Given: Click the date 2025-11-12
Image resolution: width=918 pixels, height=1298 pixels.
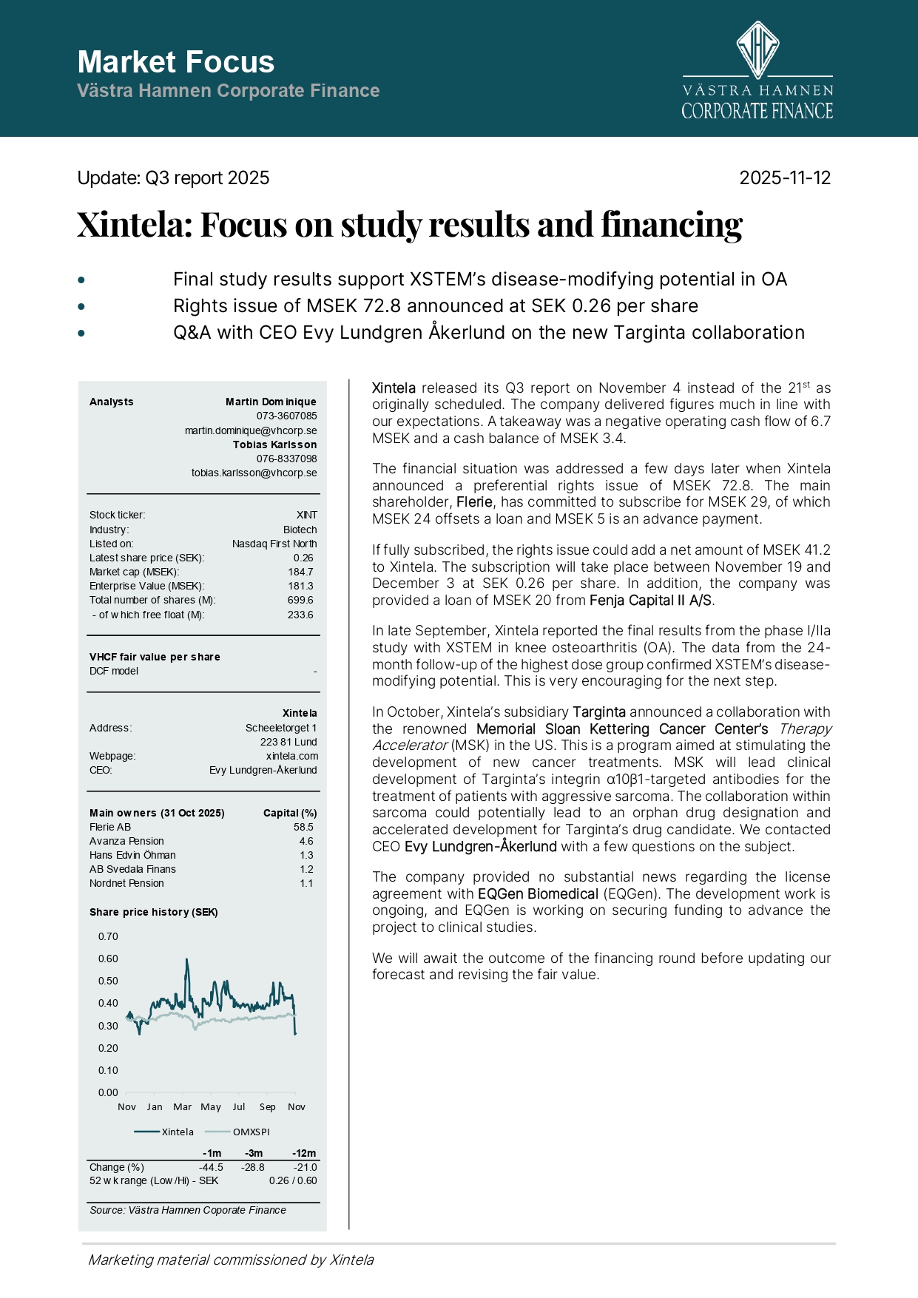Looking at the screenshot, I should click(x=785, y=178).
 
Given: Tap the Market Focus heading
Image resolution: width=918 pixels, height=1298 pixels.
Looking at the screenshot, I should click(x=176, y=62).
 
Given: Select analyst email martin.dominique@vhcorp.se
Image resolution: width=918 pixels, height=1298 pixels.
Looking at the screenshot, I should click(x=251, y=430).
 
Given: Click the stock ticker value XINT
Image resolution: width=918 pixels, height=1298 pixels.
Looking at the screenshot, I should click(x=306, y=515).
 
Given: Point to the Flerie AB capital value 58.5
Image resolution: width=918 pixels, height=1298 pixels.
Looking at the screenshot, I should click(x=303, y=827).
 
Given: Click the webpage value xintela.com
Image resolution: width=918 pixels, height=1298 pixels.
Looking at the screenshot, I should click(x=292, y=756).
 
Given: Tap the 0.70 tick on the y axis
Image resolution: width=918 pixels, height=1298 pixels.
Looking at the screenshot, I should click(x=108, y=936).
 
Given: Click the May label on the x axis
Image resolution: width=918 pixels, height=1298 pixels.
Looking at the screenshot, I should click(x=211, y=1107).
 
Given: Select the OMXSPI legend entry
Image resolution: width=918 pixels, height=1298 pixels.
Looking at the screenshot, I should click(x=251, y=1132).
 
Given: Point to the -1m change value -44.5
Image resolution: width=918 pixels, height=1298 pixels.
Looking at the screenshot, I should click(x=211, y=1167).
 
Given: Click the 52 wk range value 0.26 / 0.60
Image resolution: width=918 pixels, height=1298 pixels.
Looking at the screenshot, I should click(x=293, y=1180).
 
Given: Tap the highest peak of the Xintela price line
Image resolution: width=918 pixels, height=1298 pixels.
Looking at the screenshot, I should click(x=186, y=960).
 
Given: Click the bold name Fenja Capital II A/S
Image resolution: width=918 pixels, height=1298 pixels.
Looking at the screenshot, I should click(x=651, y=601).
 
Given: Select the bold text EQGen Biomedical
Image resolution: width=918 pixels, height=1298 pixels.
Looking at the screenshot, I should click(x=538, y=894).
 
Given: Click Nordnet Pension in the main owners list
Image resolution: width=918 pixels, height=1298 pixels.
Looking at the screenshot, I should click(x=126, y=883).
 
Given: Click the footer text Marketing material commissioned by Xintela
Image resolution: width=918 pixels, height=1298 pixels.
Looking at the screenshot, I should click(x=231, y=1260).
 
